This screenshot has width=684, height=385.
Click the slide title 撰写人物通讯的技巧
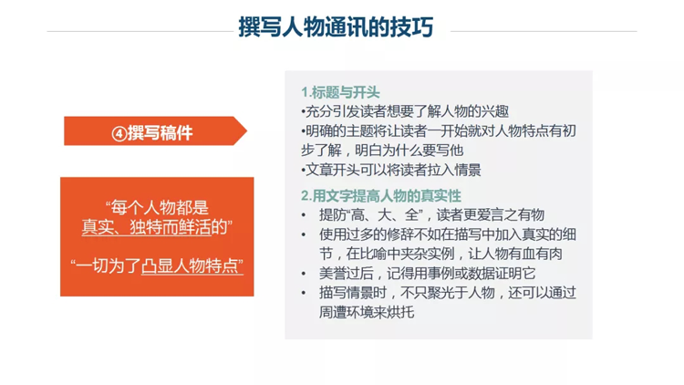click(x=336, y=26)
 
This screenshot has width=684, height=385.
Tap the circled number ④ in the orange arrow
click(x=119, y=133)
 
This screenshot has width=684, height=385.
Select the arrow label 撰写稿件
click(x=161, y=132)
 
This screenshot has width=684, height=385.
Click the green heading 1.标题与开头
click(x=340, y=92)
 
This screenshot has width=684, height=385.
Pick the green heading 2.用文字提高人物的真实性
click(x=381, y=195)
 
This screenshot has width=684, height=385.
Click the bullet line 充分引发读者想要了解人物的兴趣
click(x=405, y=111)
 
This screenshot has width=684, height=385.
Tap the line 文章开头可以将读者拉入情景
click(x=391, y=170)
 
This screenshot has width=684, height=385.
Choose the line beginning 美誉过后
click(x=427, y=273)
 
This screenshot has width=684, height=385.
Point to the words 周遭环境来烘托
click(x=367, y=312)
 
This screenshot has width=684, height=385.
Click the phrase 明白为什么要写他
click(x=409, y=151)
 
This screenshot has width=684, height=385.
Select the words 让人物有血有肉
click(x=515, y=254)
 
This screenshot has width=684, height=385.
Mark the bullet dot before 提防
click(x=304, y=215)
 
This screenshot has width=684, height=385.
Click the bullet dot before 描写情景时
click(x=304, y=293)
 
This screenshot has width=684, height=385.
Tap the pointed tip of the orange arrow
click(x=247, y=130)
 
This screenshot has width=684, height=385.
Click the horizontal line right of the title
click(x=544, y=31)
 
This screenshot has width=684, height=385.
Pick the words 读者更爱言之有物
click(x=491, y=214)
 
